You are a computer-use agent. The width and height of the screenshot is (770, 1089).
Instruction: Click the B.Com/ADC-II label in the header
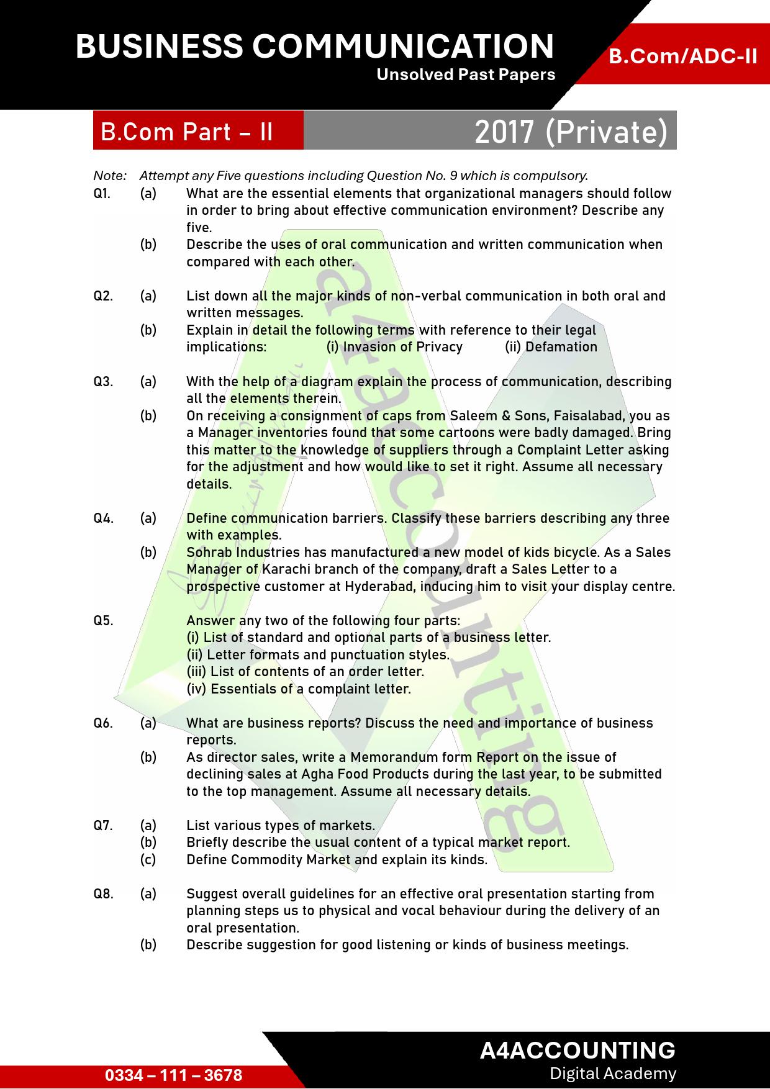[682, 56]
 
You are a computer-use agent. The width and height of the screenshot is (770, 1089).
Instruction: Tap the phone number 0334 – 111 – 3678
[174, 1075]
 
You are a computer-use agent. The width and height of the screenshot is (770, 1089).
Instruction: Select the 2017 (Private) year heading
[571, 132]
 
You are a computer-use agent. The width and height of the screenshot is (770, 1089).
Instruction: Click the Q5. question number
[103, 620]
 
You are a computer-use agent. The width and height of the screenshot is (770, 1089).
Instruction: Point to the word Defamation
[561, 347]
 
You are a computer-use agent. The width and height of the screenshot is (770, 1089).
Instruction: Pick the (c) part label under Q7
[148, 859]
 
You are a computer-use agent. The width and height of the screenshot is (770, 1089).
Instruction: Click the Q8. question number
[103, 893]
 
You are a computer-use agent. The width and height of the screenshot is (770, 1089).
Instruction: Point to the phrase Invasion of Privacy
[394, 347]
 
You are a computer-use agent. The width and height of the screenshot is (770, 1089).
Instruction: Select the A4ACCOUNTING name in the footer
[577, 1050]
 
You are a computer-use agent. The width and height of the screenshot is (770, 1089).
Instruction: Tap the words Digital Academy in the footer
[612, 1073]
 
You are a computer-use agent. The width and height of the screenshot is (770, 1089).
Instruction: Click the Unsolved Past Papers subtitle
[466, 75]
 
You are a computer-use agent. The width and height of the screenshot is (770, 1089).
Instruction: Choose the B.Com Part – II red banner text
[187, 132]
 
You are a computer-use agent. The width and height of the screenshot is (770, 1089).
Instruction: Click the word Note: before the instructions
[110, 176]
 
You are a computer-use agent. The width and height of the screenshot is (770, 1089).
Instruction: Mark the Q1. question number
[102, 193]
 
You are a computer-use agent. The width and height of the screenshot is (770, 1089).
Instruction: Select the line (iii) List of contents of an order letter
[306, 672]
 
